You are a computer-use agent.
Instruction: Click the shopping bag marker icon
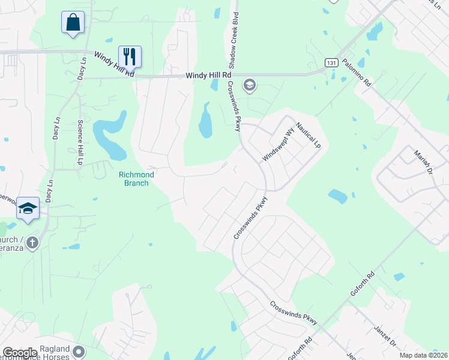(73, 23)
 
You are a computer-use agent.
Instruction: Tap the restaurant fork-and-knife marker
(130, 56)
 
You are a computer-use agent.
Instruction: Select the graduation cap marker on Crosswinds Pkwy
(249, 86)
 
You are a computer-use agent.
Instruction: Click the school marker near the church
(28, 208)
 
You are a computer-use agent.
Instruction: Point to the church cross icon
(32, 242)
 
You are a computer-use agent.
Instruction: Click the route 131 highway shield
(331, 62)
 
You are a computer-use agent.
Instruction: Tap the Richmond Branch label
(136, 178)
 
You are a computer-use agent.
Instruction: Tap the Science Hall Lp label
(80, 143)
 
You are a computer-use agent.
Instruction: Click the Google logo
(20, 353)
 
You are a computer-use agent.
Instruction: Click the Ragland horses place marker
(79, 350)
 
